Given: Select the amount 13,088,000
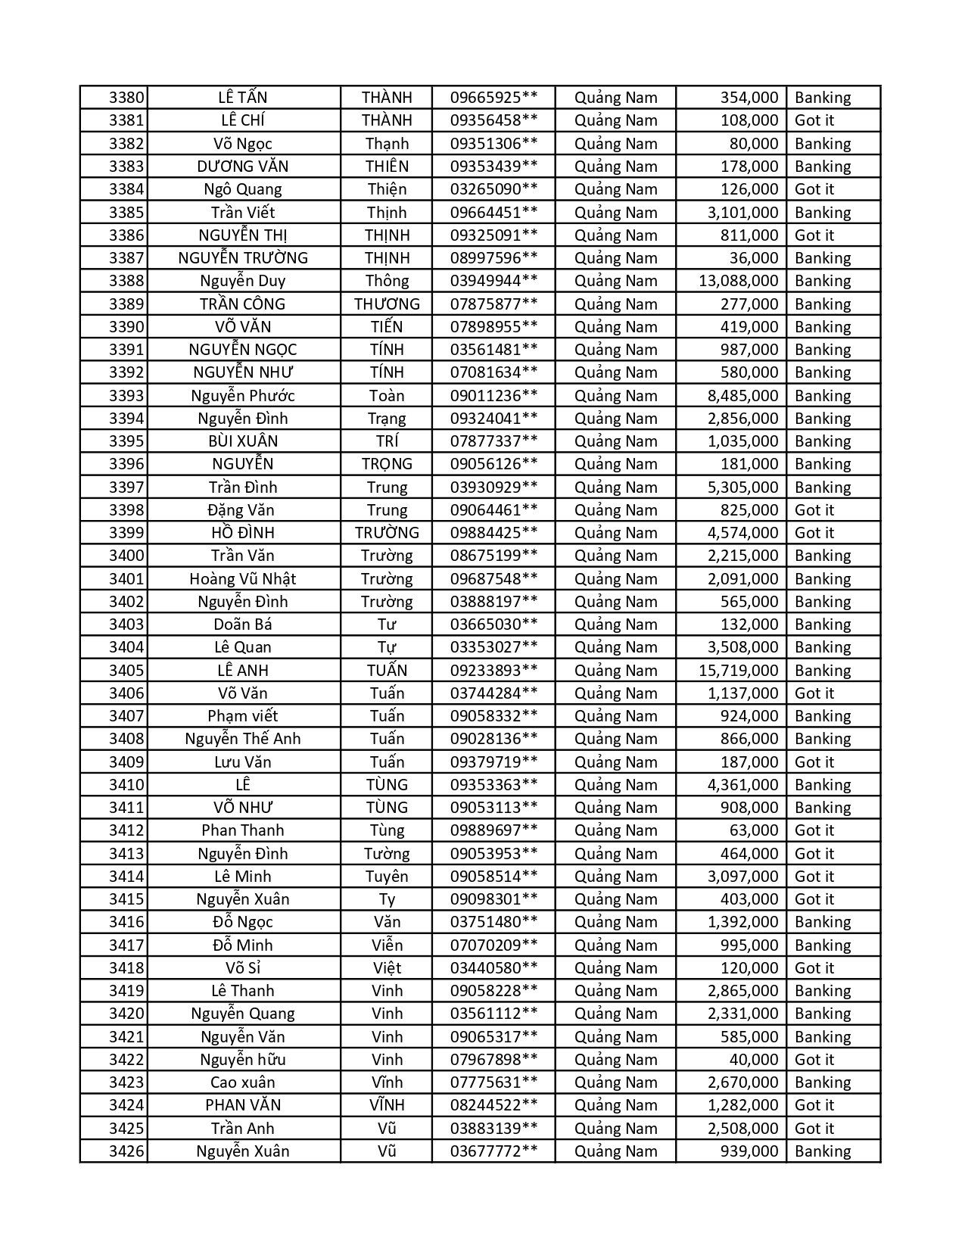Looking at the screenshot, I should pos(738,281).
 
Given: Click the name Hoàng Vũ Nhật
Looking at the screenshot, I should pos(242,579).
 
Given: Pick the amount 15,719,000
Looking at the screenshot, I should pos(738,671).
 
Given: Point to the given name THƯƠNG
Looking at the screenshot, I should pos(387,304).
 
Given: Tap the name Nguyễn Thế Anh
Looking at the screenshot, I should pos(242,739).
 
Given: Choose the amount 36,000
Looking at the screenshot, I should pos(753,258).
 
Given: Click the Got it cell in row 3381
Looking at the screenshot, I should pos(814,120).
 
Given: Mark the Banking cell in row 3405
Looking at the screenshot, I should pos(823,671).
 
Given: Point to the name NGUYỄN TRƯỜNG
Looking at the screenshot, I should pos(242,258).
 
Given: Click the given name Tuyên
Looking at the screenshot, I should pos(387,877).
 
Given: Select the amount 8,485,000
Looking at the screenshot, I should pos(742,396).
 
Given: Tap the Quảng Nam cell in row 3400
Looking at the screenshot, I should pos(615,556).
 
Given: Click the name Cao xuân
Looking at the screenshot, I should pos(242,1082).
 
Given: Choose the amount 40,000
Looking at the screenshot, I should pos(753,1060).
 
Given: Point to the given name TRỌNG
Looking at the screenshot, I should pos(387,464).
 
